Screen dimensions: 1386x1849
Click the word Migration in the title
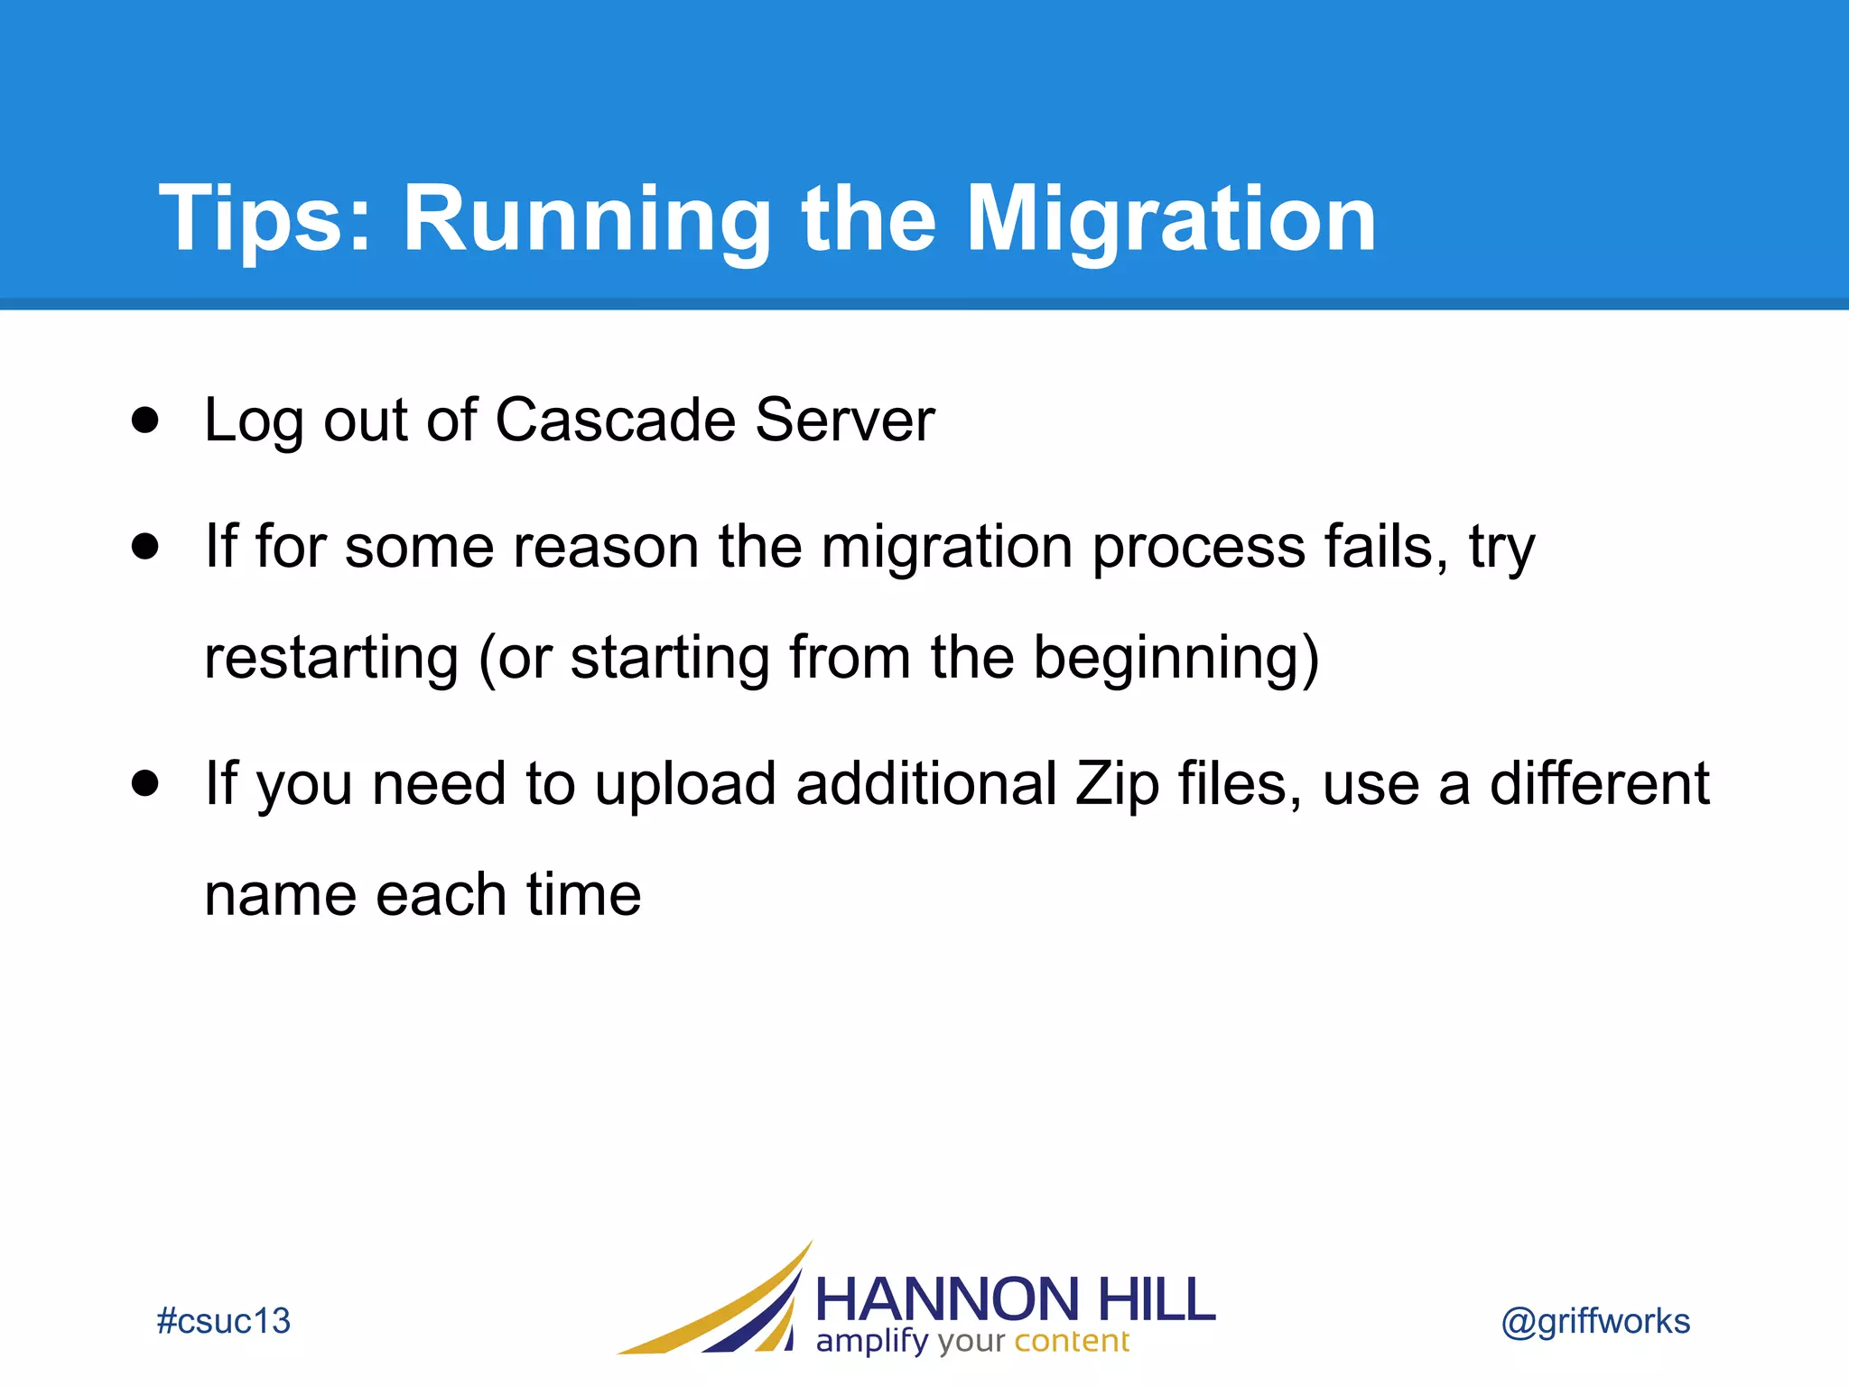[x=1171, y=219]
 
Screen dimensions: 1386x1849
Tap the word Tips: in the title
[x=265, y=219]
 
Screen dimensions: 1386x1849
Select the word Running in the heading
[x=587, y=219]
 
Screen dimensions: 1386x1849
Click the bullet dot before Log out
[x=144, y=420]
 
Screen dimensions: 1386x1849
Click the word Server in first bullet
[x=845, y=420]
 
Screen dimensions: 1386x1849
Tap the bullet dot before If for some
[x=144, y=546]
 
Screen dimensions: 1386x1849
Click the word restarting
[x=331, y=657]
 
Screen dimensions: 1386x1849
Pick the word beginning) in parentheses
[x=1175, y=657]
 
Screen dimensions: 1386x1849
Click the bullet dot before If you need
[x=144, y=782]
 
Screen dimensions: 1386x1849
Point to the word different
[x=1599, y=782]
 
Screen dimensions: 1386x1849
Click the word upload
[x=685, y=783]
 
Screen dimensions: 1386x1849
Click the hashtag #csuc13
[x=223, y=1321]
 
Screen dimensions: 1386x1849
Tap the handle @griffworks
[x=1595, y=1321]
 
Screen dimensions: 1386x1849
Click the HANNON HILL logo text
[x=1015, y=1299]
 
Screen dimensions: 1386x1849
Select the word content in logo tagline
[x=1072, y=1342]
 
